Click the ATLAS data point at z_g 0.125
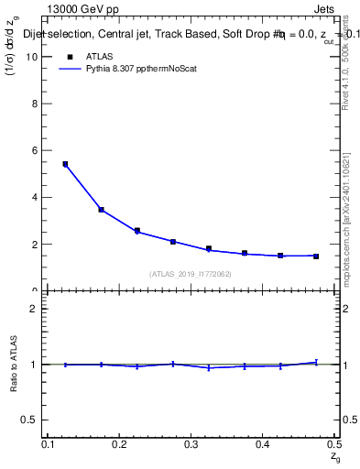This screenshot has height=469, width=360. tap(65, 164)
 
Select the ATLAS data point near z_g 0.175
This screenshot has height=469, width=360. tap(101, 210)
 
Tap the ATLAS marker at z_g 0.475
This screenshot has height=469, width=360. tap(316, 256)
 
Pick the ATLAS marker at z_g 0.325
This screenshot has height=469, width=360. tap(209, 248)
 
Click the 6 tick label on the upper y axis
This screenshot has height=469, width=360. tap(36, 150)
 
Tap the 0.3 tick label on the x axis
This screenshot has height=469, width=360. tap(191, 444)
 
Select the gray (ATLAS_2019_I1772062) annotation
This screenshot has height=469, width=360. tap(191, 274)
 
